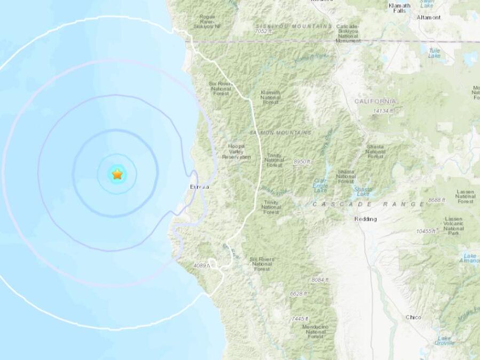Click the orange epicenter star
[117, 174]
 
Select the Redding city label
[365, 219]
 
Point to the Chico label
[413, 317]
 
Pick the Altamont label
[429, 17]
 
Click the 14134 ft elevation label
[383, 111]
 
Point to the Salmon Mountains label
[279, 132]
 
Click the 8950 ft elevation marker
[301, 161]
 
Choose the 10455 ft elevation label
[427, 230]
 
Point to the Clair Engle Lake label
[320, 186]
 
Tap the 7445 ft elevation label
[300, 318]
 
